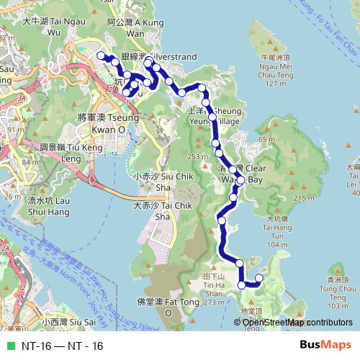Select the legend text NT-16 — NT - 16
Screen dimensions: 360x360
pos(62,346)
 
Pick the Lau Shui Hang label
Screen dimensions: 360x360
pos(53,207)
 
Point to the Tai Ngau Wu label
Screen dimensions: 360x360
pos(55,27)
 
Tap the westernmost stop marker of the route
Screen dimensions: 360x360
pos(102,55)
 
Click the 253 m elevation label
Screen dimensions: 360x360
pos(196,157)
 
